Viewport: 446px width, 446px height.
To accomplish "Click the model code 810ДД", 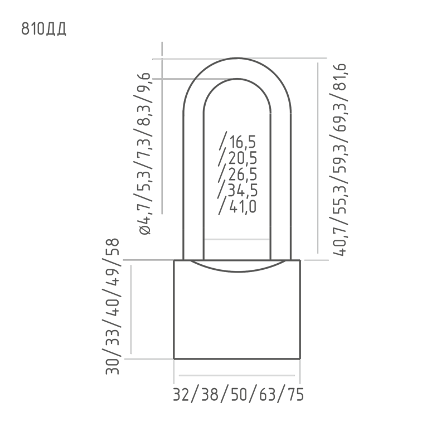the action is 44,29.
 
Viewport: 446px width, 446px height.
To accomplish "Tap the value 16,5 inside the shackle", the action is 243,142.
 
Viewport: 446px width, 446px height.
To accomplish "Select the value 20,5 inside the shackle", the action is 243,158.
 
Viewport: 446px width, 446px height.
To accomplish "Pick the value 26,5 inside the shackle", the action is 243,174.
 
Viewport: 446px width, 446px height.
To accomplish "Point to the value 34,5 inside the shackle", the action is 243,190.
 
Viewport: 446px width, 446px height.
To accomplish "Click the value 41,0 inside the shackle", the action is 243,207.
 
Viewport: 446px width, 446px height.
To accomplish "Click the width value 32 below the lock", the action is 182,395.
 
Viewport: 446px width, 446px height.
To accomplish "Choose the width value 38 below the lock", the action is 210,395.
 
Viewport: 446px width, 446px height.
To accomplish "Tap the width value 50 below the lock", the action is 239,395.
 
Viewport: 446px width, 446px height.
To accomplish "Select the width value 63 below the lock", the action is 268,395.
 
